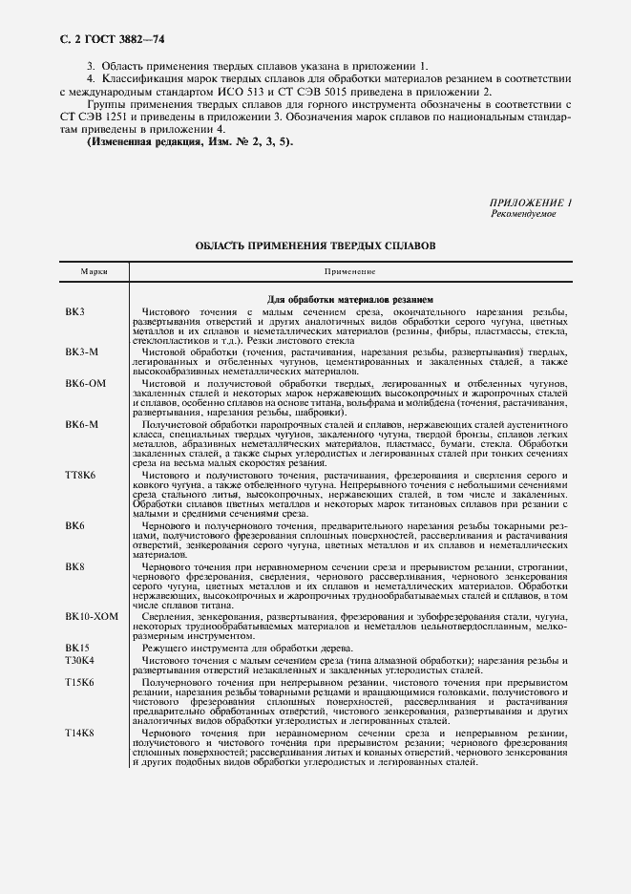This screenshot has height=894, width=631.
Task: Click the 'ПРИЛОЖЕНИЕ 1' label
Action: [x=530, y=202]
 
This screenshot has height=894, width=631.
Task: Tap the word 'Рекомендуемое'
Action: [x=523, y=214]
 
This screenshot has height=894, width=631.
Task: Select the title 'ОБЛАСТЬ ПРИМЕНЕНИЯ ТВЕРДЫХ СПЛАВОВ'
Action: [x=315, y=245]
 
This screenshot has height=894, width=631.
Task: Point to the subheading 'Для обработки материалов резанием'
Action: [x=349, y=298]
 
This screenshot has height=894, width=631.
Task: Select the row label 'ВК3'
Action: [x=75, y=312]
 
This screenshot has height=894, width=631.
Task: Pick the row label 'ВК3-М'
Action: [x=82, y=352]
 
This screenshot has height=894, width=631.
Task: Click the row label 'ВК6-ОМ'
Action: [x=86, y=383]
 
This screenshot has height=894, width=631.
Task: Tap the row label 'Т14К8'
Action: [x=80, y=733]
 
